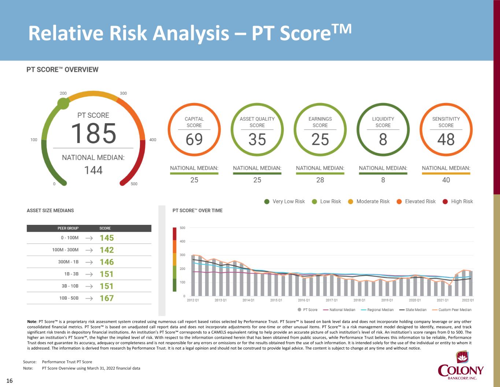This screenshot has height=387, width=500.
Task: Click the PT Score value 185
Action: pyautogui.click(x=93, y=133)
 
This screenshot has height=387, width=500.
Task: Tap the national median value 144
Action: pyautogui.click(x=93, y=170)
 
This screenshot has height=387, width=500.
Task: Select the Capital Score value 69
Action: pyautogui.click(x=194, y=139)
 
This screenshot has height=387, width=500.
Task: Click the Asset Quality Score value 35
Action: pyautogui.click(x=257, y=139)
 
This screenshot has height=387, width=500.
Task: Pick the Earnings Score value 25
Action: pyautogui.click(x=320, y=139)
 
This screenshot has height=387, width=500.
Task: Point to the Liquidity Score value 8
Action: pyautogui.click(x=383, y=139)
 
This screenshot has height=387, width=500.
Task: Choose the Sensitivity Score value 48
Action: pyautogui.click(x=446, y=139)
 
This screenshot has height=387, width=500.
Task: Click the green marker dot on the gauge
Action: pyautogui.click(x=63, y=103)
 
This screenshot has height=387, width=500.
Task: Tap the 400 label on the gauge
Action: pyautogui.click(x=153, y=140)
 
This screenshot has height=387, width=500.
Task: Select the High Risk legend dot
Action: pyautogui.click(x=445, y=201)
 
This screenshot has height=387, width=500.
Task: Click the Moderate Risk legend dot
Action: pyautogui.click(x=351, y=201)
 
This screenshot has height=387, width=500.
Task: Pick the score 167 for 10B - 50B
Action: pyautogui.click(x=107, y=298)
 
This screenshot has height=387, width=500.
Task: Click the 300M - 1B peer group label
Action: pyautogui.click(x=68, y=262)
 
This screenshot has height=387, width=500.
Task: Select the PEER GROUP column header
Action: pyautogui.click(x=68, y=228)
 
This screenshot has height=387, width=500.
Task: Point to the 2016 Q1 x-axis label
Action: pyautogui.click(x=304, y=300)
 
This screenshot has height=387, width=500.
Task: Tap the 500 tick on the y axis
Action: pyautogui.click(x=182, y=228)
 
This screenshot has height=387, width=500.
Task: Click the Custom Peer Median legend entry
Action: pyautogui.click(x=452, y=310)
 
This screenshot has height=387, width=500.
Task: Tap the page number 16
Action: pyautogui.click(x=10, y=381)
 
